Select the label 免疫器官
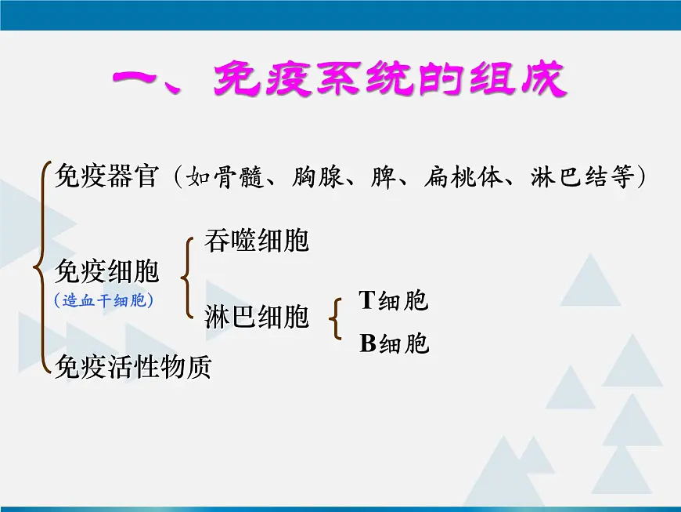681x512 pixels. tap(106, 176)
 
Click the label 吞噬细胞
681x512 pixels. tap(257, 241)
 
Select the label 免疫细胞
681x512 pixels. tap(106, 272)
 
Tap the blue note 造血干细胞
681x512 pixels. tap(103, 300)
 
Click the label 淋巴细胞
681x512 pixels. tap(257, 317)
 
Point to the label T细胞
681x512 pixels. tap(394, 300)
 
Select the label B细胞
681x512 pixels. tap(394, 343)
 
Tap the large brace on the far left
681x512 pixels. tap(39, 267)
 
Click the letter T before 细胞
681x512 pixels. tap(367, 300)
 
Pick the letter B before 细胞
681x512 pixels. tap(368, 343)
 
